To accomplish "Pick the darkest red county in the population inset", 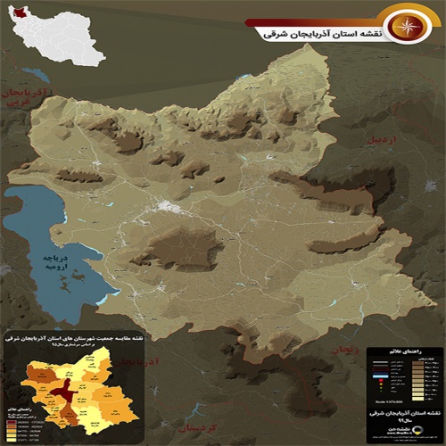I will (63, 393).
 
